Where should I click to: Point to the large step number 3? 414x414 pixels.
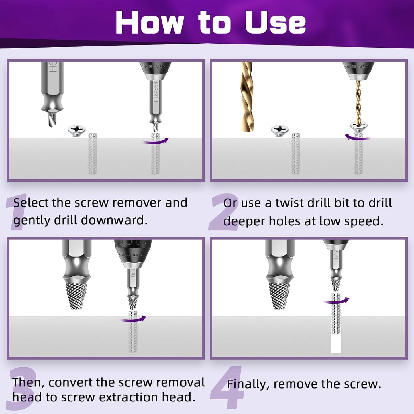point(21,388)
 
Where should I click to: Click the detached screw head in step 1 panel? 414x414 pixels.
point(76,130)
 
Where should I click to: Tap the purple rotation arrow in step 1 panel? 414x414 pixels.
point(156,141)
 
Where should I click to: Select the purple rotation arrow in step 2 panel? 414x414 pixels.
point(357,138)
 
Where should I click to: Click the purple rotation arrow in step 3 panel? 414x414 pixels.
point(134,319)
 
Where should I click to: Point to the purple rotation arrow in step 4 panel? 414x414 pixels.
point(336,301)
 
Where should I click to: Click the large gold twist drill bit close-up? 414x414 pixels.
point(247,97)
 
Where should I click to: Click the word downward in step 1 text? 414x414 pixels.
point(114,220)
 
